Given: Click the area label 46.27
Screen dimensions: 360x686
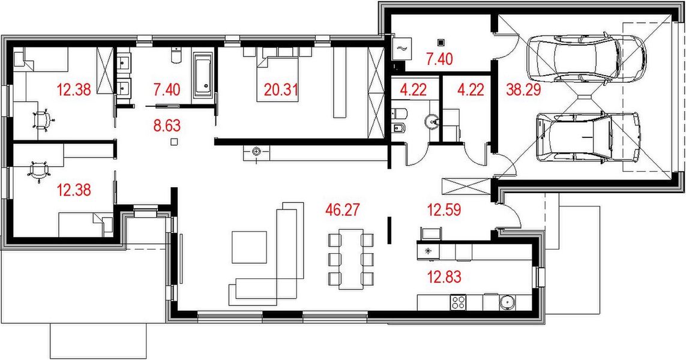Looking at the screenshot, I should point(341,210).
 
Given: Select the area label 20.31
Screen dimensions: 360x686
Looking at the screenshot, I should point(281,91).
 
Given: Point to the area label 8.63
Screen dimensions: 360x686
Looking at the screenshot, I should point(167,127).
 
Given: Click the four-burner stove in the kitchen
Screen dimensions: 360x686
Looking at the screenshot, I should point(459,302).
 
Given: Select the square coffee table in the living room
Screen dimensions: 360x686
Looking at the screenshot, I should point(250,246).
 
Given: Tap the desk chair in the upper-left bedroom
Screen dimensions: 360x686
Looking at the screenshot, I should point(41,119).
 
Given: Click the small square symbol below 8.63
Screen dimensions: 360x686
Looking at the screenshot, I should point(173,142).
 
